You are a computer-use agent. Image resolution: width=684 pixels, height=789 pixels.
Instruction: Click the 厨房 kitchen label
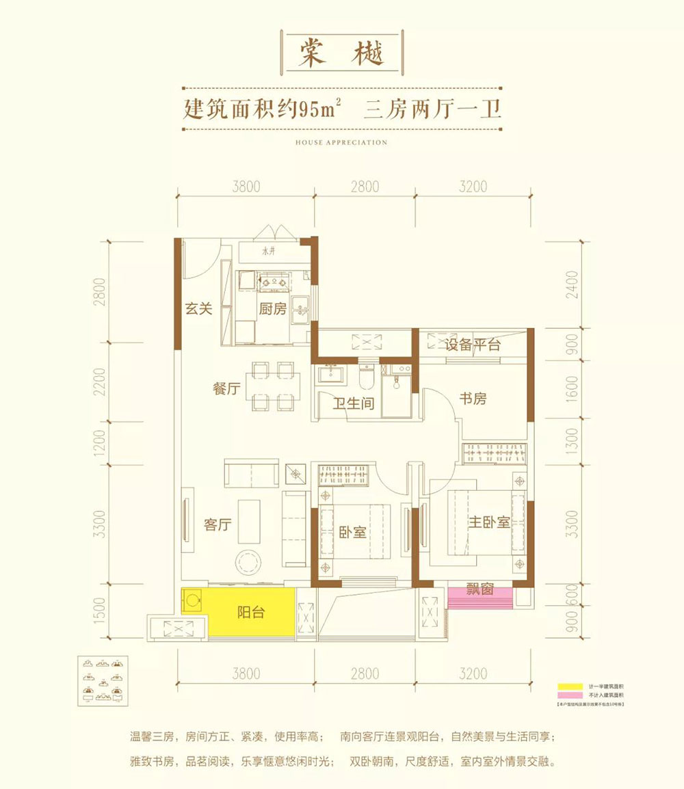tap(272, 308)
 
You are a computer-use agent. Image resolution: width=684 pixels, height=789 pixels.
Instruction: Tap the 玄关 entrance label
tap(199, 308)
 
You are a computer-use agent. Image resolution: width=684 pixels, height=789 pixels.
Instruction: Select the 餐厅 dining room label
tap(226, 389)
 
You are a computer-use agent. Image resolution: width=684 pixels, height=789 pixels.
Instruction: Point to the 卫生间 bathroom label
tap(353, 403)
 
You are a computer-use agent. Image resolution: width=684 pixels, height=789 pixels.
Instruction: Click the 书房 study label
tap(472, 398)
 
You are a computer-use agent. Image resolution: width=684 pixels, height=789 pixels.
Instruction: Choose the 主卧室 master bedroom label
tap(489, 522)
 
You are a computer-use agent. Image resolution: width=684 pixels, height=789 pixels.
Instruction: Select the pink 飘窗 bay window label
tap(481, 589)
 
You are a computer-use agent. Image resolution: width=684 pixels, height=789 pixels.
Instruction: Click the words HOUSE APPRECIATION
tap(341, 143)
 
